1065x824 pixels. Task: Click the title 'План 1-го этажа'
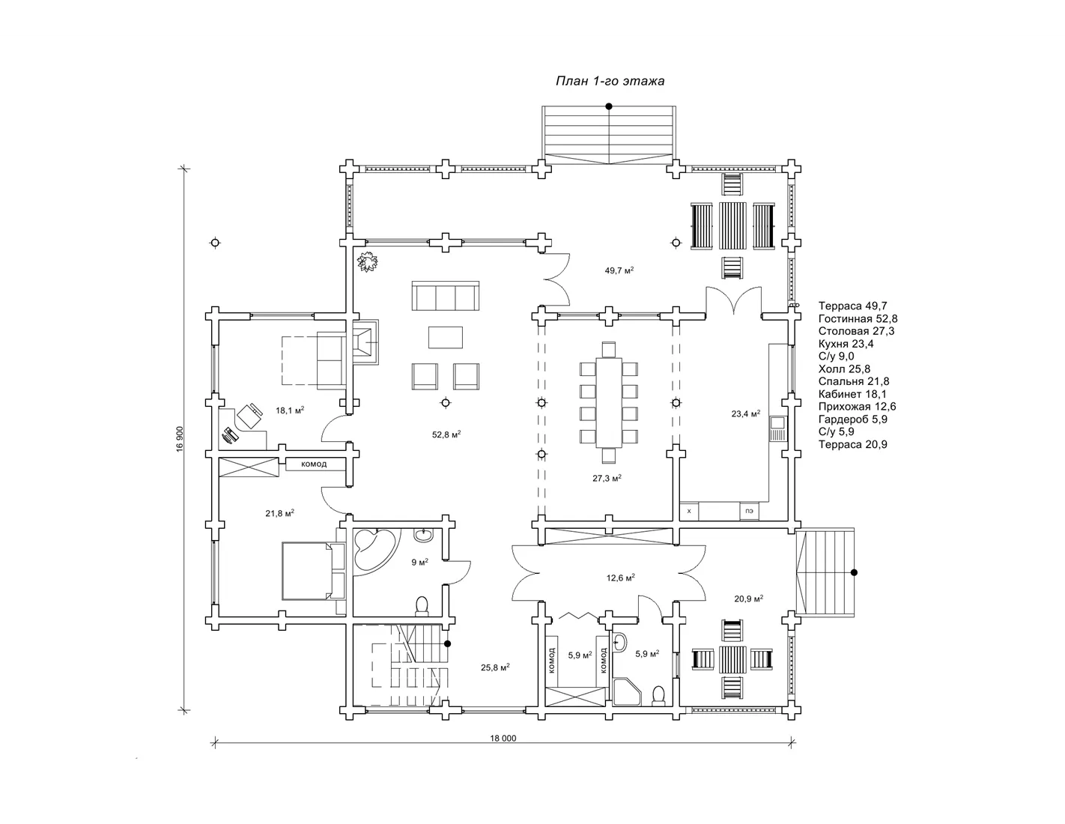pos(610,81)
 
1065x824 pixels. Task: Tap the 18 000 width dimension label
pos(503,738)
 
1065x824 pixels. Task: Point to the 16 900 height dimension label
pos(180,439)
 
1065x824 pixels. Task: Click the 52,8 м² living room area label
pos(446,434)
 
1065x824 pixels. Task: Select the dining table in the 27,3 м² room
pos(609,402)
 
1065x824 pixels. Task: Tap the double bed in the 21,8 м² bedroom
pos(314,571)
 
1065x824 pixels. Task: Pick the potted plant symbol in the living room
pos(368,261)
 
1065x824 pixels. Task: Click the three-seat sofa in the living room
pos(445,296)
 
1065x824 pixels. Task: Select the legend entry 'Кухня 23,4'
pos(846,344)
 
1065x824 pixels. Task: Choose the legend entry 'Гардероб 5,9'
pos(853,419)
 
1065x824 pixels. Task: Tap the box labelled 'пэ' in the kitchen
pos(749,511)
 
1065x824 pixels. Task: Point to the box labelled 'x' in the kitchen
pos(689,511)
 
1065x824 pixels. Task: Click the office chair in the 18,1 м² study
pos(249,416)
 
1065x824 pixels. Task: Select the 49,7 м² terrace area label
pos(619,270)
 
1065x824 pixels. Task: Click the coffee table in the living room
pos(445,337)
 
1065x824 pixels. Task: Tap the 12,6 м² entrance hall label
pos(620,578)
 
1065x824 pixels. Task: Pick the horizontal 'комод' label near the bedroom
pos(314,464)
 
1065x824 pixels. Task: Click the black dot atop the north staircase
pos(609,106)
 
